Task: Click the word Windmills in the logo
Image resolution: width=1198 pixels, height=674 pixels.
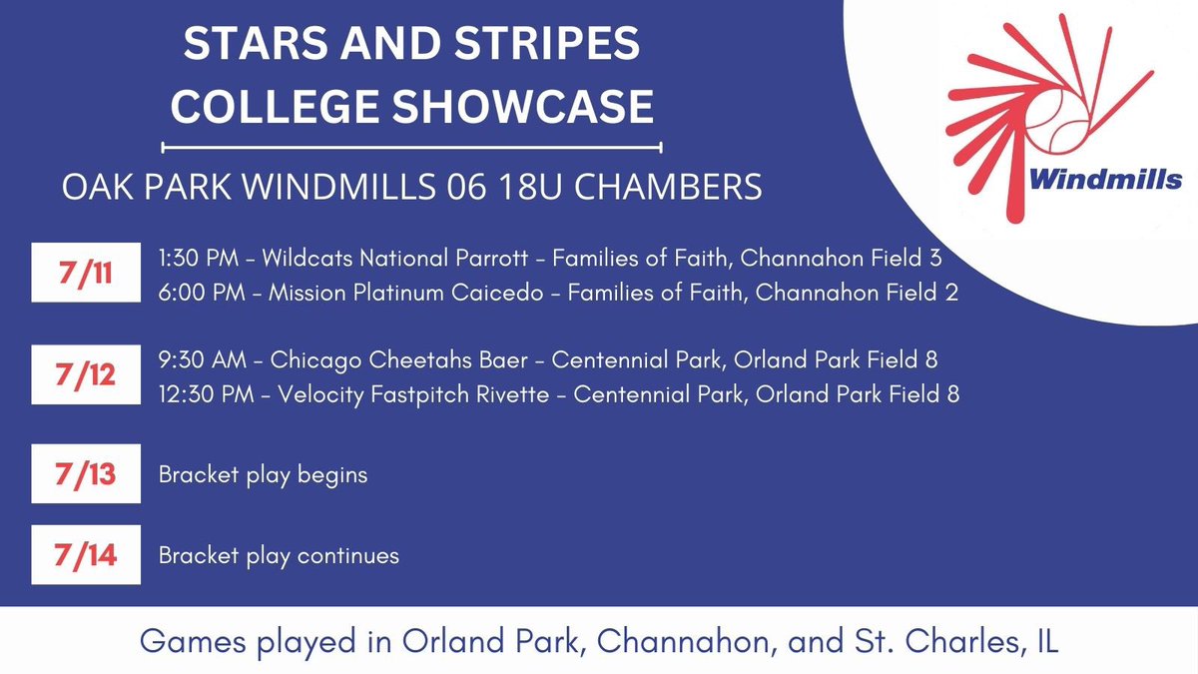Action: click(1105, 181)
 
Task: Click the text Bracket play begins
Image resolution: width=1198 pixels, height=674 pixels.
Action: click(263, 474)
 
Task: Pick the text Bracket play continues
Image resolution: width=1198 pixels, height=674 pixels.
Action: click(279, 555)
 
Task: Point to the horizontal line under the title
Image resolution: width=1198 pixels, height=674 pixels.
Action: click(411, 148)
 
